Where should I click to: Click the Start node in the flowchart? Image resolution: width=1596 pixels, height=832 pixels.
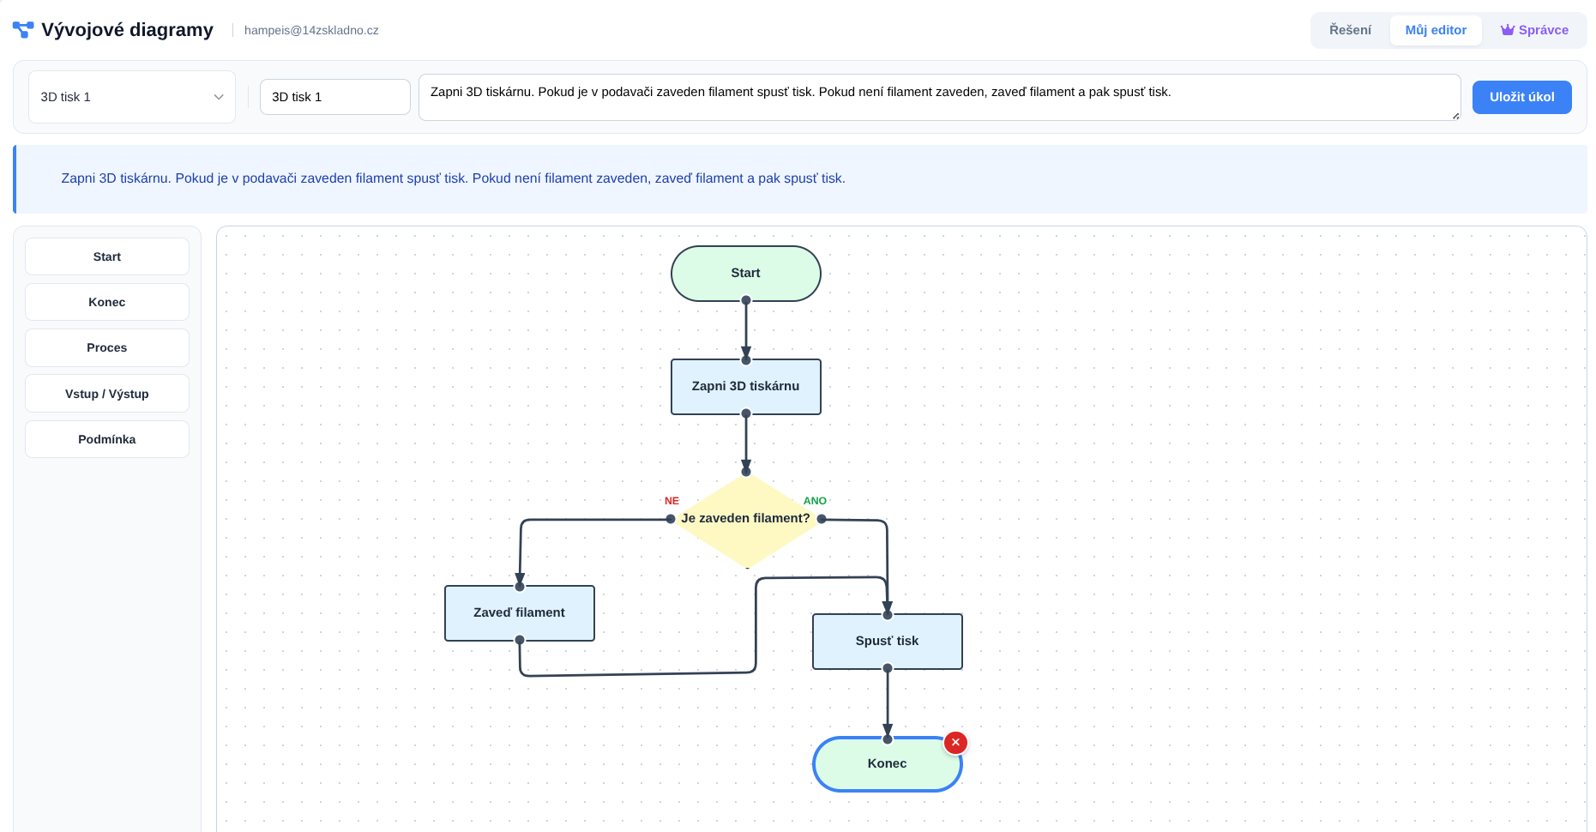[x=745, y=274]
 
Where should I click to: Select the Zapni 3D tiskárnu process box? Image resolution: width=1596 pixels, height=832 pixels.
[x=745, y=387]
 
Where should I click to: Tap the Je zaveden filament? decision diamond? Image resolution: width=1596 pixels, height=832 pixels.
[x=745, y=519]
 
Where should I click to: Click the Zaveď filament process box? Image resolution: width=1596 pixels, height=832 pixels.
[x=519, y=613]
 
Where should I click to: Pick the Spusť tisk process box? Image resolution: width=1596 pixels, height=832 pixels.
[x=887, y=642]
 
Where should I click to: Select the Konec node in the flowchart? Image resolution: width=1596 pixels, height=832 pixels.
[x=887, y=764]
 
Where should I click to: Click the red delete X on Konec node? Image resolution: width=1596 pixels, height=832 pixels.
[x=955, y=743]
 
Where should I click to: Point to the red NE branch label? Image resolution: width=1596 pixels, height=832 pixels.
[x=672, y=501]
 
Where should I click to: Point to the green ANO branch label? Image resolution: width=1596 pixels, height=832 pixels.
[x=815, y=501]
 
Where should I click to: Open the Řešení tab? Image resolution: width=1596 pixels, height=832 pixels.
[x=1350, y=30]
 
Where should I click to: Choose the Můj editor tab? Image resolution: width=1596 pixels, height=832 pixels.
[x=1436, y=30]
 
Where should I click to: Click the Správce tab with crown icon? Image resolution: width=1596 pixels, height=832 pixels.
[x=1534, y=30]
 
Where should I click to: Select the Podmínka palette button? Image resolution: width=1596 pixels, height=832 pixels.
[x=107, y=439]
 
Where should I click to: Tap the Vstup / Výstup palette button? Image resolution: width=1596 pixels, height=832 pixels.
[x=107, y=394]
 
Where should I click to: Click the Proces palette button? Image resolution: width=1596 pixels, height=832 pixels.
[x=107, y=347]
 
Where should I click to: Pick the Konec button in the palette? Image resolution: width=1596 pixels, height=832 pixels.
[x=107, y=302]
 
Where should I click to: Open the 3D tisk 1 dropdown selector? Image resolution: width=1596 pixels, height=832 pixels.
[x=132, y=97]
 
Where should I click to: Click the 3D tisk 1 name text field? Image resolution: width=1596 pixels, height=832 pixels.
[x=334, y=97]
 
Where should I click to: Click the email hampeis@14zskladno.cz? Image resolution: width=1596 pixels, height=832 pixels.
[x=311, y=30]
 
